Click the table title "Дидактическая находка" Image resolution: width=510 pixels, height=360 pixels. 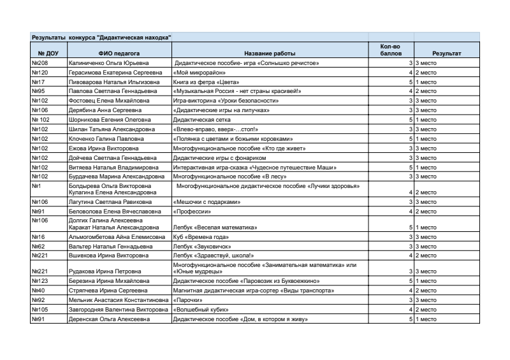tap(102, 38)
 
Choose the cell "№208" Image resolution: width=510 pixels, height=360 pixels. tap(40, 64)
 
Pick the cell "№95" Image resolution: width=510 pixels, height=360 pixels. tap(38, 91)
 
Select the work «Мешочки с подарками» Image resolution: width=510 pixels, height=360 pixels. tap(207, 201)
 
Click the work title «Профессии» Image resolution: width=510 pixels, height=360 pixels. tap(192, 211)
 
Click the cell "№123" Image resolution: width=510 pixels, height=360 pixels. tap(40, 280)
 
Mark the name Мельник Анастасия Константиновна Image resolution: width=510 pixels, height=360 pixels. tap(119, 299)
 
